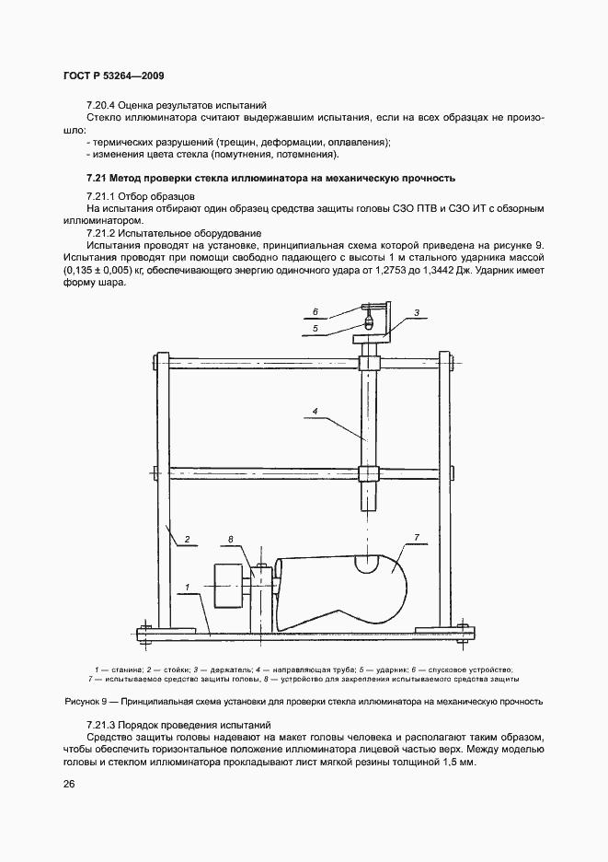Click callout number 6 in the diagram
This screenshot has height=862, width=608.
tap(315, 311)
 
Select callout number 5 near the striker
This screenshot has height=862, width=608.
tap(315, 327)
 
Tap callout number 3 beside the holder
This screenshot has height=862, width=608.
tap(416, 313)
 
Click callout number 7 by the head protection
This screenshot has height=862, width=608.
tap(416, 537)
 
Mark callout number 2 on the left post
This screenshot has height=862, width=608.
tap(186, 539)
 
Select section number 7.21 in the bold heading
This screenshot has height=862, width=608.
tap(98, 178)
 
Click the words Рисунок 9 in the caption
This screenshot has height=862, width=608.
tap(89, 702)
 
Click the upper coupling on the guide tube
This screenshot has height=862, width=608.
tap(369, 363)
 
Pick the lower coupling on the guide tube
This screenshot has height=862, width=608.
tap(369, 474)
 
